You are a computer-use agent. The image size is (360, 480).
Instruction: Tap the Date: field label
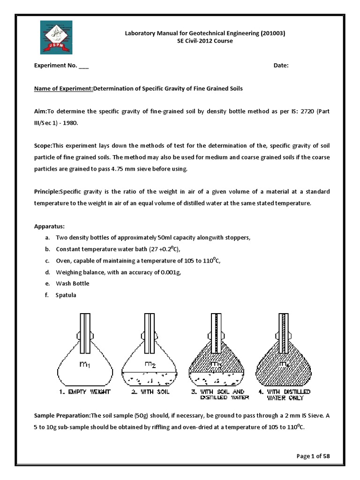click(281, 66)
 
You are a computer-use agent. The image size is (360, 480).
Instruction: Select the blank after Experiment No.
click(83, 66)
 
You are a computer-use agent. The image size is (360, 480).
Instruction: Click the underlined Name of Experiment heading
click(64, 89)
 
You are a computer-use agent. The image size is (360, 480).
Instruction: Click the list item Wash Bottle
click(72, 284)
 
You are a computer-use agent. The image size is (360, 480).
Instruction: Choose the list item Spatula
click(66, 295)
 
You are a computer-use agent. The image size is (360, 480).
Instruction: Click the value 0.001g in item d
click(171, 272)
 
